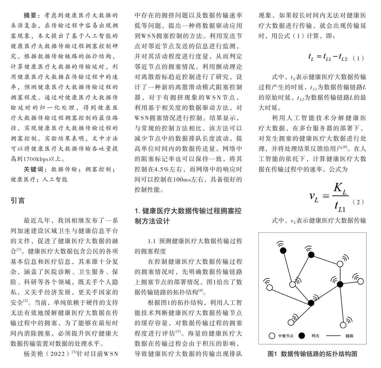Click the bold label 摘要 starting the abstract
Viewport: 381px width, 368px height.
(30, 15)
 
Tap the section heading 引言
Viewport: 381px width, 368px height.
(18, 201)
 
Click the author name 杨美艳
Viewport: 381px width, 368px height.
(33, 354)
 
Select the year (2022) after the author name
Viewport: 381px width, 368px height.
(58, 354)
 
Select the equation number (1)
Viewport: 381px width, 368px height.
(358, 58)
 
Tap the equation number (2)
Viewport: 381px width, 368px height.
(358, 202)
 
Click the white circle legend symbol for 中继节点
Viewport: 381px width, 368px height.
(272, 335)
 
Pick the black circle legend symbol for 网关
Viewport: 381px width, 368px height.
(302, 335)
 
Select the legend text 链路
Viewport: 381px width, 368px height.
(349, 336)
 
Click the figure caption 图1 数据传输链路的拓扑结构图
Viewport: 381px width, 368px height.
(312, 354)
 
